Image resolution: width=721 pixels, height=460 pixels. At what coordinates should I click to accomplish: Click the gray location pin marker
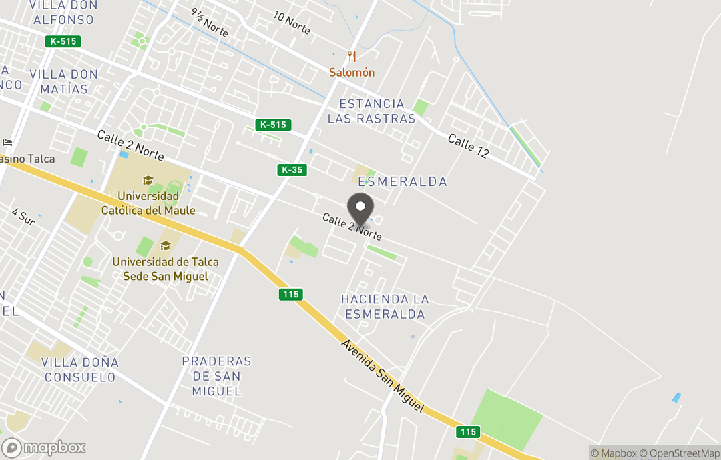coord(360,209)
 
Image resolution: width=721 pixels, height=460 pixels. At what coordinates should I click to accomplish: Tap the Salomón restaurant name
coord(352,72)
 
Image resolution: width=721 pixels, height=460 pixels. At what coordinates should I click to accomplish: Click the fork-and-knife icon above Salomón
coord(352,57)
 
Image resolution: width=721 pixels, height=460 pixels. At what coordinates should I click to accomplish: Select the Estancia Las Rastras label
coord(372,111)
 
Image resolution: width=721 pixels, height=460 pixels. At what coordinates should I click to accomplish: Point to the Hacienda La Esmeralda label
coord(385,307)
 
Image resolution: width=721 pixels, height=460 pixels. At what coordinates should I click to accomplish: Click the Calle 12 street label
coord(468,147)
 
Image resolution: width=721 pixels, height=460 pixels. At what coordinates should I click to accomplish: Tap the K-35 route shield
coord(292,170)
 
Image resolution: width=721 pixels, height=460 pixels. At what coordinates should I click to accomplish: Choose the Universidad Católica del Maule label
coord(148,203)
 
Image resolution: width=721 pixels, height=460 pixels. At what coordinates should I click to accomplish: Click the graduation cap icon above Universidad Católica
coord(148,180)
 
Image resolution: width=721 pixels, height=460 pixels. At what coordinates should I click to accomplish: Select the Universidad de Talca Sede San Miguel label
coord(166,269)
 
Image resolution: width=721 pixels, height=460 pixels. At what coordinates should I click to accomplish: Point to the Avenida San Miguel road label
coord(382,377)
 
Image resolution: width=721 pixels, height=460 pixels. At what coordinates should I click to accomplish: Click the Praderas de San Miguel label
coord(216,376)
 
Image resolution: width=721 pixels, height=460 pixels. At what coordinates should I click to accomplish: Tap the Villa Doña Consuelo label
coord(80,370)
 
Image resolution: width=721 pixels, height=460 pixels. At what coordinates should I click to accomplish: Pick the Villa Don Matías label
coord(64,81)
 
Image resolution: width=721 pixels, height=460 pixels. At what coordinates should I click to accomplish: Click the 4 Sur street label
coord(23,217)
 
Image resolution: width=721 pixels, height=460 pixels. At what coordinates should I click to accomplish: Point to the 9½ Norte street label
coord(209,21)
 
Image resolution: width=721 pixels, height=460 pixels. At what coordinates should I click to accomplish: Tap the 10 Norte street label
coord(292,23)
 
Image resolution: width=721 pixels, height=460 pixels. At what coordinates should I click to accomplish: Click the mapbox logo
coord(44,447)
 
